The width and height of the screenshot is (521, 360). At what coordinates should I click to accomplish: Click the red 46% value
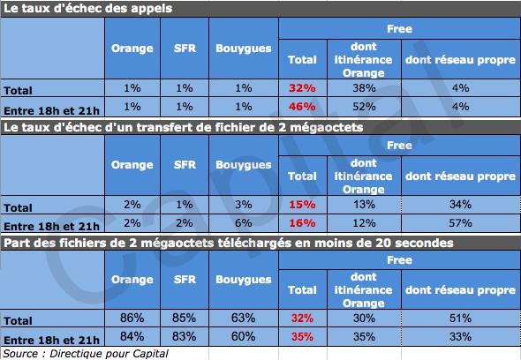pyautogui.click(x=302, y=106)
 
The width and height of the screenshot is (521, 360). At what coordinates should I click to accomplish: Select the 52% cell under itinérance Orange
pyautogui.click(x=364, y=106)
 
